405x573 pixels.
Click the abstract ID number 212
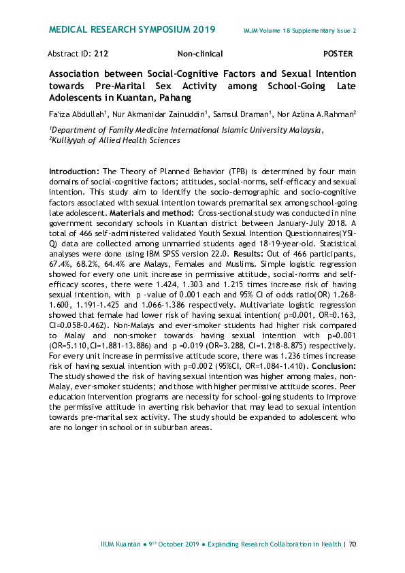click(x=101, y=53)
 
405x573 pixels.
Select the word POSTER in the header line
click(x=338, y=53)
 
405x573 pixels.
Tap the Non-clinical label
click(x=200, y=53)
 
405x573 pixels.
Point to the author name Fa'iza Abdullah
click(x=76, y=114)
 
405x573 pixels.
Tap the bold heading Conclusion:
click(x=331, y=365)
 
